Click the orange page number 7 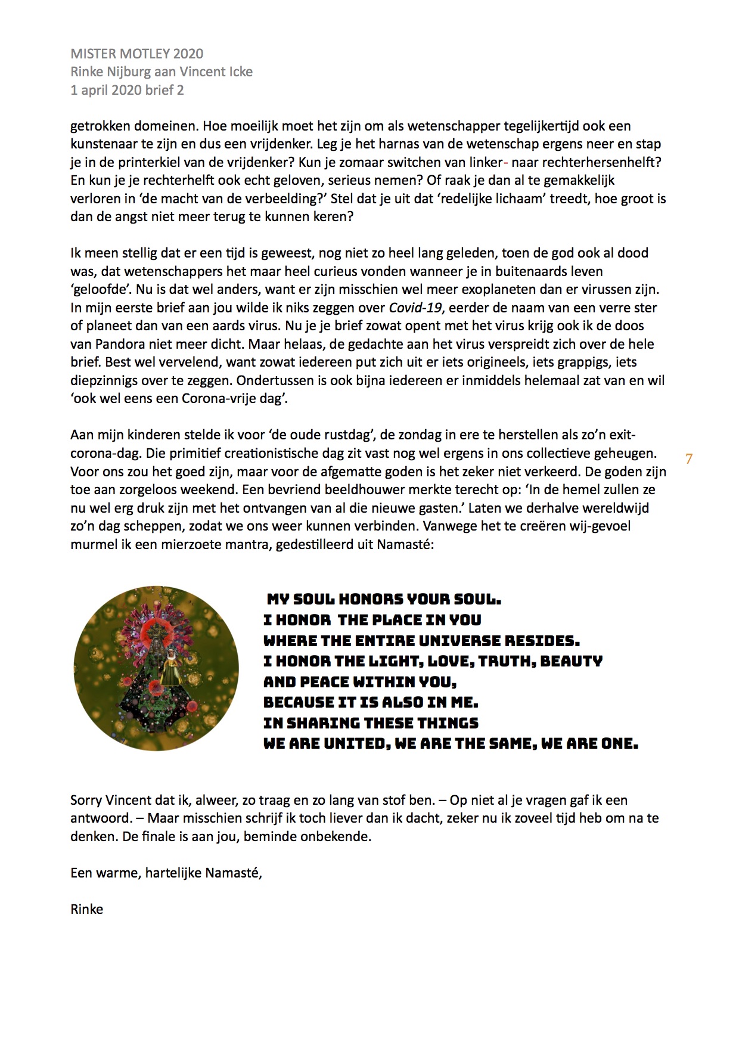[x=689, y=458]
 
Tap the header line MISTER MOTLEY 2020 [x=136, y=54]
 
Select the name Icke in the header [x=238, y=72]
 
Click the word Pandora [x=120, y=344]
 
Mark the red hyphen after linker [x=506, y=162]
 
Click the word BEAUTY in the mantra [x=572, y=661]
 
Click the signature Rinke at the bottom [x=86, y=909]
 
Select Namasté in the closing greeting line [x=232, y=873]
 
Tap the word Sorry [x=86, y=800]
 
